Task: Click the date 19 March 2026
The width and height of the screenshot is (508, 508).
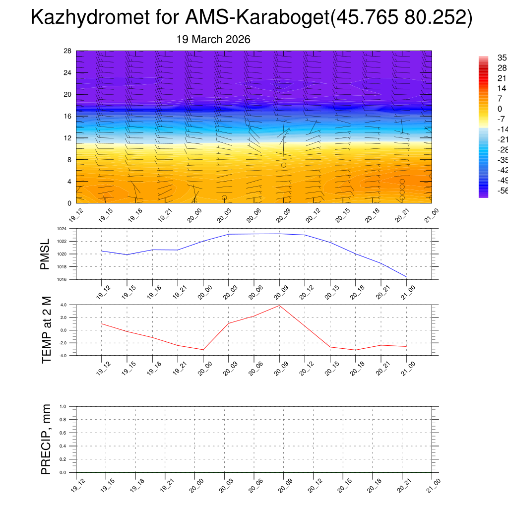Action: (x=213, y=39)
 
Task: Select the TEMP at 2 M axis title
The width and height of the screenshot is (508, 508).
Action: (x=47, y=330)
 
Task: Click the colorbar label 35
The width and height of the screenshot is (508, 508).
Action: (x=502, y=58)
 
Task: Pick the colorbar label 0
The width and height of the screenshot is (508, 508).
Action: (x=500, y=109)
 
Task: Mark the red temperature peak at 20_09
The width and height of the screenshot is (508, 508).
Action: (x=279, y=305)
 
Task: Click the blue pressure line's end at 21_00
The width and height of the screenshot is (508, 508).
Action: (x=406, y=276)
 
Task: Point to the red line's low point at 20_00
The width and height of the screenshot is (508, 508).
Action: (x=203, y=350)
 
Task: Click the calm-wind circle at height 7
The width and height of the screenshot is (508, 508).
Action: (x=283, y=165)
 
